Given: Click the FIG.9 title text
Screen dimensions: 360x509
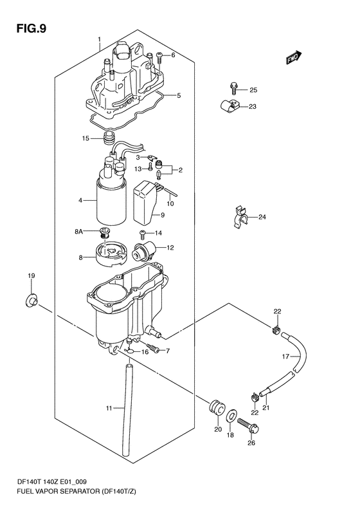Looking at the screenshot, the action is coord(32,29).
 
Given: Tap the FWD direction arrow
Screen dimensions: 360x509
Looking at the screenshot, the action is coord(294,57).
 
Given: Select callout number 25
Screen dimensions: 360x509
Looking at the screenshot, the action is coord(253,90).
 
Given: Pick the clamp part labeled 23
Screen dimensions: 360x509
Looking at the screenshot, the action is coord(228,106).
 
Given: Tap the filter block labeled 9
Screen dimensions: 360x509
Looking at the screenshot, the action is coord(146,203).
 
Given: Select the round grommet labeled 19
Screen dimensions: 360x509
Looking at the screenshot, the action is coord(32,301).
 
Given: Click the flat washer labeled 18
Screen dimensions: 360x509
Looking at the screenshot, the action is coord(231,416).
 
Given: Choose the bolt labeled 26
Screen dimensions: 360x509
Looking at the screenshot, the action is coord(248,426).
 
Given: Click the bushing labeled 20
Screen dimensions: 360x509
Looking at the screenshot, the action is coord(216,407).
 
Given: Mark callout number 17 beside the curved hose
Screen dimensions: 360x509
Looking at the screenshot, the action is coord(285,356).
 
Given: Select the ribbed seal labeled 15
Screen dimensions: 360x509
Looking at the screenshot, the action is coord(107,138).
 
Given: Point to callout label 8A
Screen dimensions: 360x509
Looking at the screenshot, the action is coord(79,232).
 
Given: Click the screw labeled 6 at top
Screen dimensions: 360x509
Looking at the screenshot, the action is coord(159,58).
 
